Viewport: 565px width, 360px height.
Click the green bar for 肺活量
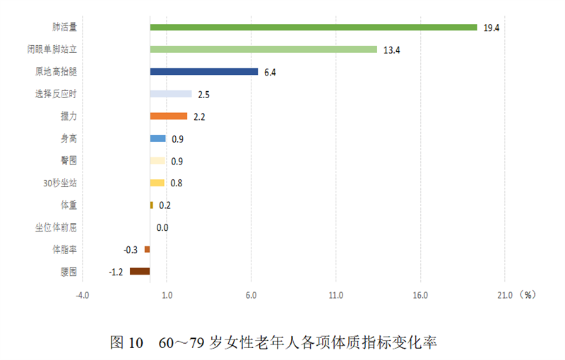tap(313, 28)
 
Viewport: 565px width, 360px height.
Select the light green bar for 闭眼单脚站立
tap(263, 49)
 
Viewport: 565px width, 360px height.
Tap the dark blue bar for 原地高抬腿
tap(203, 71)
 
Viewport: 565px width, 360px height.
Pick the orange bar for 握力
tap(168, 116)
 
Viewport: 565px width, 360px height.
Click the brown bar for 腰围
tap(140, 271)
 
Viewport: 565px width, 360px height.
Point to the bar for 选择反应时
tap(170, 94)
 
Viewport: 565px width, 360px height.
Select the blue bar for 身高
tap(157, 138)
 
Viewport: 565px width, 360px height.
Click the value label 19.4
tap(492, 28)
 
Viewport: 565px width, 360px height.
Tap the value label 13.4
tap(392, 50)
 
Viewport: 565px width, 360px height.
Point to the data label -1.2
tap(117, 272)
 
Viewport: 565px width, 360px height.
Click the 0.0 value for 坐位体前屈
tap(162, 227)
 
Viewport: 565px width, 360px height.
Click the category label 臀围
tap(69, 160)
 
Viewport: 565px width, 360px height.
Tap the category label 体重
tap(69, 205)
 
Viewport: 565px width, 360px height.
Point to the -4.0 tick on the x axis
tap(83, 295)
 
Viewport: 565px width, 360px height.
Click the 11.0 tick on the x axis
tap(335, 295)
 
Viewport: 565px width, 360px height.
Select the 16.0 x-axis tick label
tap(420, 295)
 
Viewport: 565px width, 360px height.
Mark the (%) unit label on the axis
tap(528, 294)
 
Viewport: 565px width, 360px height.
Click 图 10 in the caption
tap(126, 344)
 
